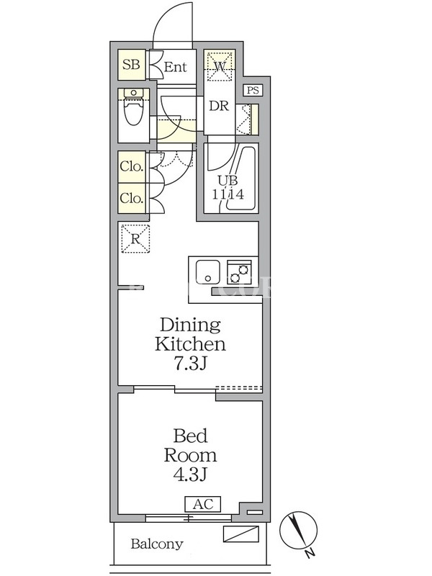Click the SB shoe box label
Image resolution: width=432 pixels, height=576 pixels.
(131, 65)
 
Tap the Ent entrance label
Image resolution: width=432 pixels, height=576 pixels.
(175, 67)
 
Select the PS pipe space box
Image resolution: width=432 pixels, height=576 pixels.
(253, 90)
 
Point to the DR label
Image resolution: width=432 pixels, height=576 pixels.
(219, 106)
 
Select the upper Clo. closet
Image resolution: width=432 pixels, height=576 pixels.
(131, 166)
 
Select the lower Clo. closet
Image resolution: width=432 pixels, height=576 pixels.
(131, 199)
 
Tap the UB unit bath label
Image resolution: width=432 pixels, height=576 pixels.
(228, 181)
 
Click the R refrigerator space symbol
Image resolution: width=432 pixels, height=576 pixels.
(135, 239)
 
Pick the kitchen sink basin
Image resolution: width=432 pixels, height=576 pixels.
(208, 272)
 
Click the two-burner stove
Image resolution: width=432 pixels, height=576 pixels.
(240, 272)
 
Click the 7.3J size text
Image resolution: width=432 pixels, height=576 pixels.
(191, 364)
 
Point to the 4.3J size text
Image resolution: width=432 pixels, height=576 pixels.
(191, 474)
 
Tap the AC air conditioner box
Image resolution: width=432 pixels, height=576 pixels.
(203, 504)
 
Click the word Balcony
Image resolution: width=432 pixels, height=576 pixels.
(157, 544)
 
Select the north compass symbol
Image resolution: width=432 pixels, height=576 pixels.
(298, 532)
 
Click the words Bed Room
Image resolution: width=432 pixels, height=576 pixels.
(190, 445)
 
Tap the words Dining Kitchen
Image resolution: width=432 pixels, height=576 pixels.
(190, 335)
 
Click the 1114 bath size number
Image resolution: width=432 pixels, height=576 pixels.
(228, 194)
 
